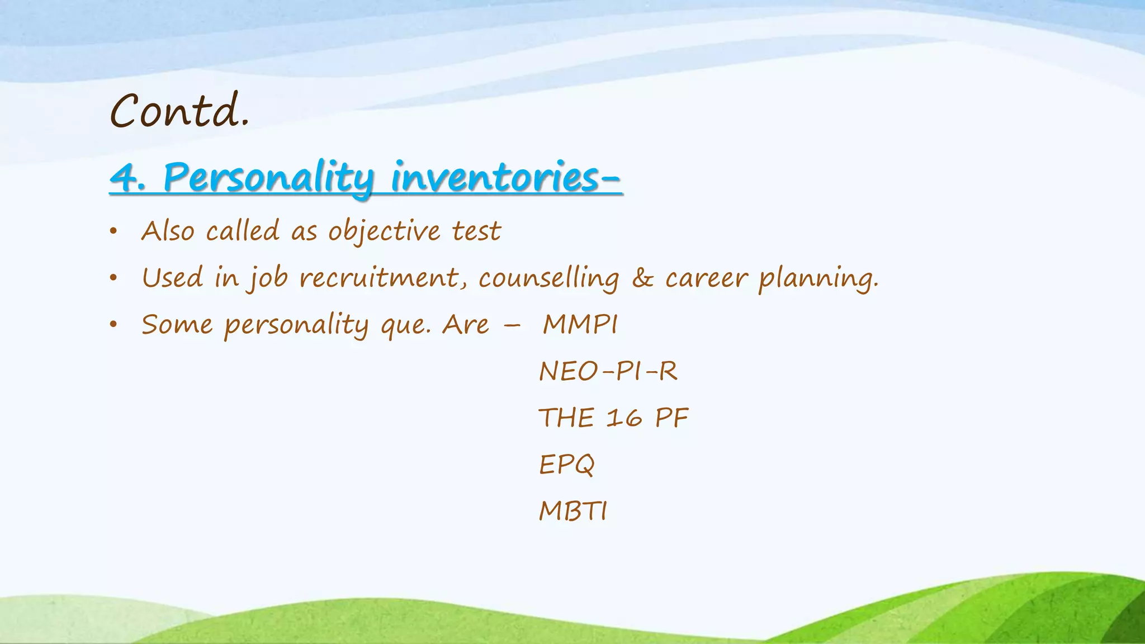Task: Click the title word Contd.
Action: (179, 111)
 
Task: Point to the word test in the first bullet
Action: (476, 231)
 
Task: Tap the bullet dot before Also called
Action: (113, 231)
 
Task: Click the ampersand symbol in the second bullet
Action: (642, 278)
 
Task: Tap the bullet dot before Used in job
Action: (113, 278)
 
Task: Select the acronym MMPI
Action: (580, 325)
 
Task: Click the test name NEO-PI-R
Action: (608, 372)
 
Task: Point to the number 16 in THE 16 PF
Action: (624, 418)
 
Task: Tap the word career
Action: (706, 278)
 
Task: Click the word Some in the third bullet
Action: (177, 325)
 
